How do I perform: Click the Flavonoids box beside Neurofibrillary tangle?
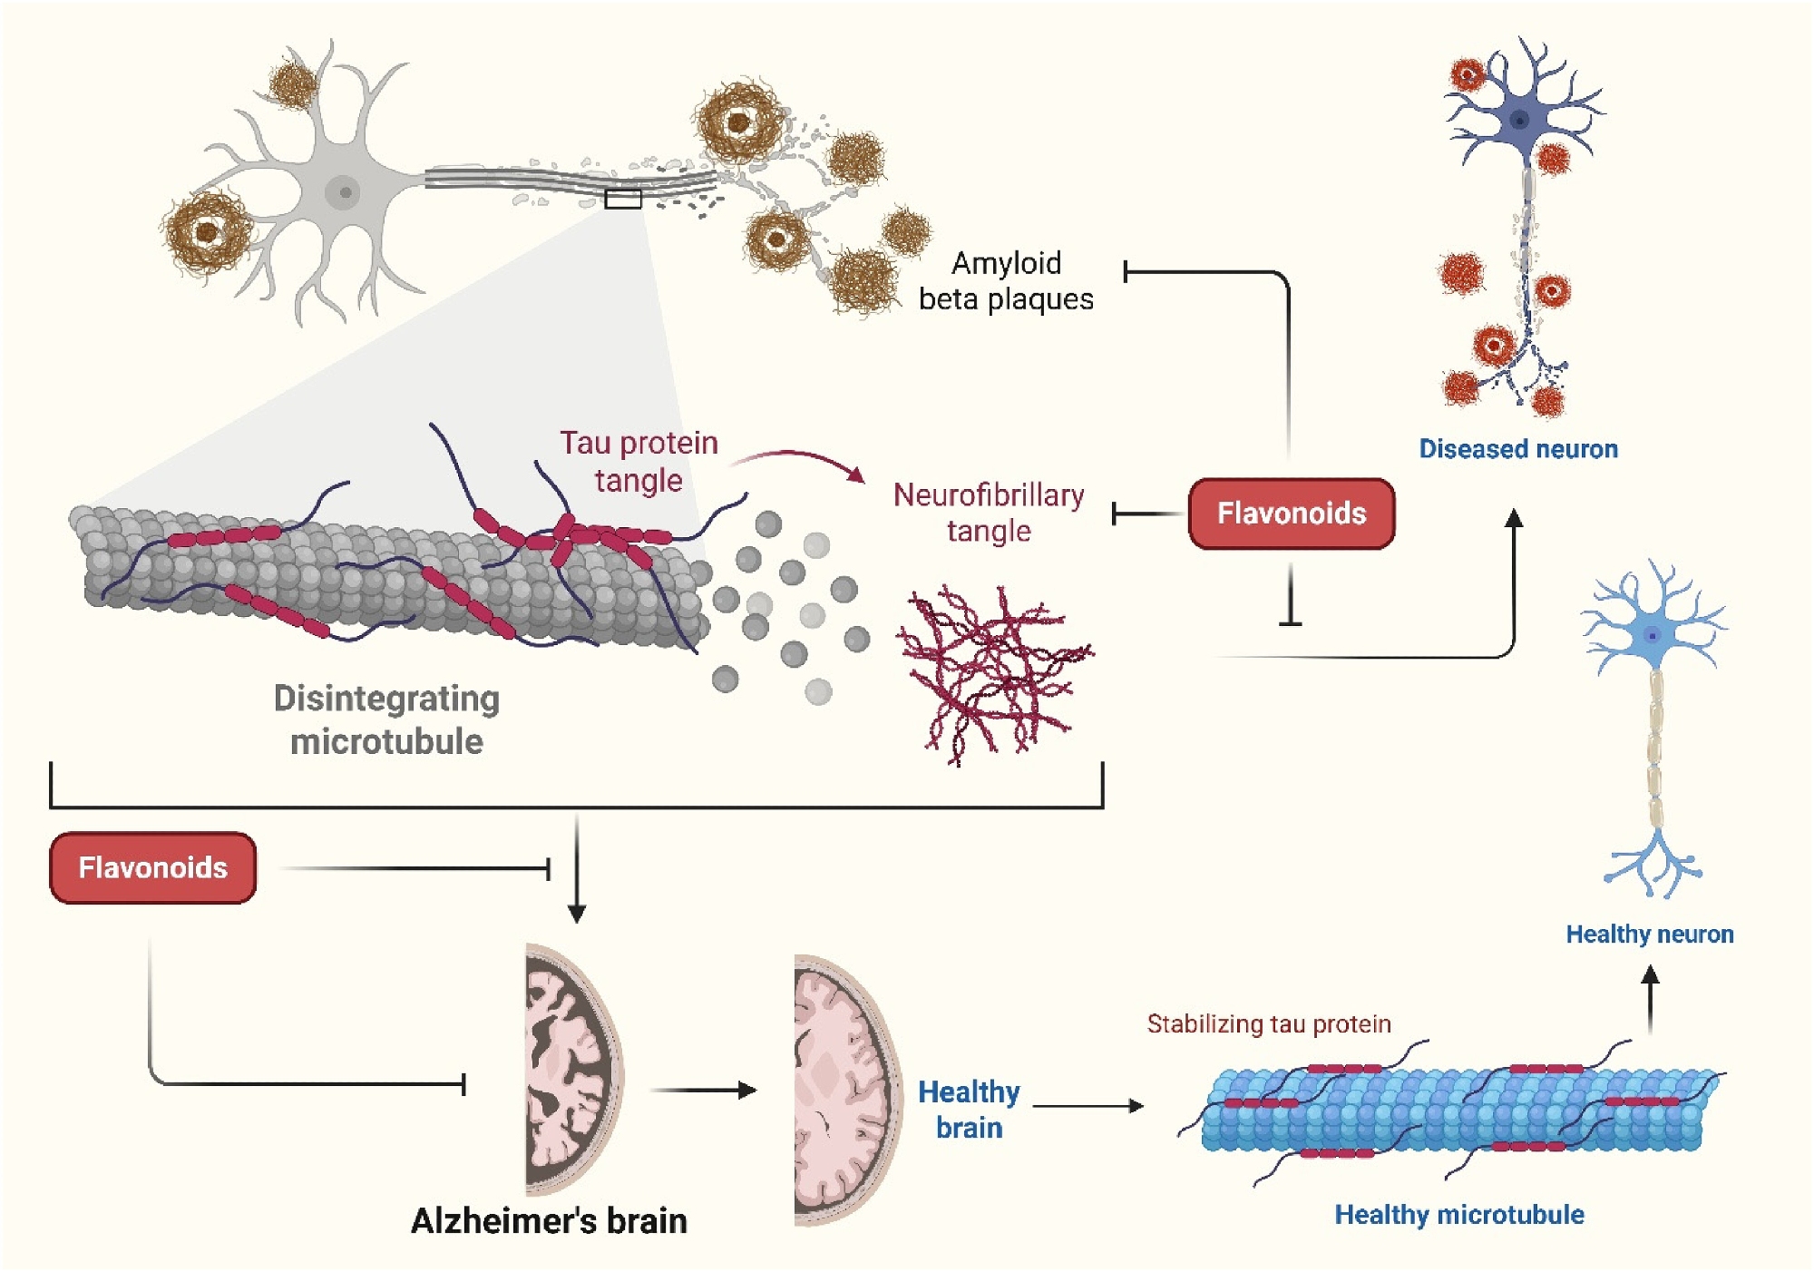coord(1291,514)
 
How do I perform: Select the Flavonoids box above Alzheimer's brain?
coord(152,867)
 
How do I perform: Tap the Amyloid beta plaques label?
coord(1006,281)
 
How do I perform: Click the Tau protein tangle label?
coord(639,461)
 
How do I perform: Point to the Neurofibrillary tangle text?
coord(989,513)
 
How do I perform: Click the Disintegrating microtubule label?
coord(387,719)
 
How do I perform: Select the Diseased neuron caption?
coord(1518,449)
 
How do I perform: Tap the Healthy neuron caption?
coord(1650,934)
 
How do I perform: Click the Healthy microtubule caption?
coord(1459,1215)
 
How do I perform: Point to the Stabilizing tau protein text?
coord(1269,1024)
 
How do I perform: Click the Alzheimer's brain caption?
coord(549,1221)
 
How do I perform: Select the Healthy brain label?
coord(969,1110)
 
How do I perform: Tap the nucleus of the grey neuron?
coord(344,192)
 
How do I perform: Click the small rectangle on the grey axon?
coord(623,199)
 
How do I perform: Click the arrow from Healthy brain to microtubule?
coord(1088,1106)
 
